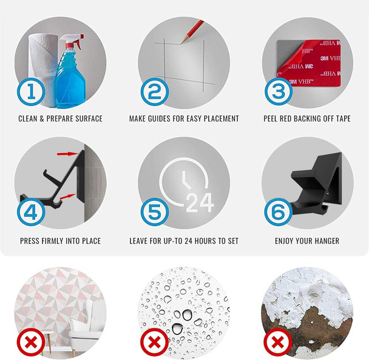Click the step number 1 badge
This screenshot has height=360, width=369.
tap(31, 92)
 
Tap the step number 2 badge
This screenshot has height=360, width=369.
tap(155, 92)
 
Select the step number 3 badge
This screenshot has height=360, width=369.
tap(279, 92)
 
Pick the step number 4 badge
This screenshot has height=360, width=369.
tap(31, 212)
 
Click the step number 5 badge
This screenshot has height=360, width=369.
tap(155, 212)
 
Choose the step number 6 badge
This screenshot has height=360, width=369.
tap(279, 212)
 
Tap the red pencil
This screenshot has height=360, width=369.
tap(192, 32)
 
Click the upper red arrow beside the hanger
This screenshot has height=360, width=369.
tap(67, 154)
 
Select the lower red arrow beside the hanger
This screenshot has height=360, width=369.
tap(68, 197)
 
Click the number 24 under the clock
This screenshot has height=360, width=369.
tap(200, 203)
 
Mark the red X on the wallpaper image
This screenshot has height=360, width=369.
tap(31, 342)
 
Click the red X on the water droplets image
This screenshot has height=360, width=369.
tap(154, 342)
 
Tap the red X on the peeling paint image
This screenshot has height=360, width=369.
tap(278, 342)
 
